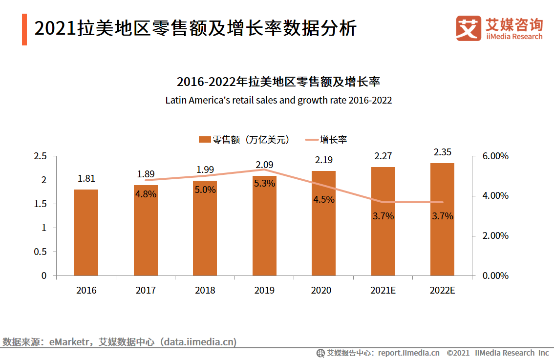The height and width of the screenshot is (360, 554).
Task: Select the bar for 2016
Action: click(86, 233)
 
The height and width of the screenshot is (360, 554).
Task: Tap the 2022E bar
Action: click(442, 219)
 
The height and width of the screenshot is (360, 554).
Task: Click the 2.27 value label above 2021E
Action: click(383, 156)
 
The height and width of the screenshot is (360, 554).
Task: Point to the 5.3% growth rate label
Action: click(264, 184)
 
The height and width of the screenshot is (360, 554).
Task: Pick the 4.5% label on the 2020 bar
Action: click(324, 199)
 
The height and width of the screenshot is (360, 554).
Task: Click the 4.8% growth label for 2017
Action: click(146, 194)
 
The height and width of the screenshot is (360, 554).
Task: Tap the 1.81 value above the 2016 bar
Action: click(86, 178)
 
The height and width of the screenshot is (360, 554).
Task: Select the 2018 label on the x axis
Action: click(205, 290)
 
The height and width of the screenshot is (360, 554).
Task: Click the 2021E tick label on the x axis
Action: click(383, 290)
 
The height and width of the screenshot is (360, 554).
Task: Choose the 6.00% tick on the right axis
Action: click(495, 156)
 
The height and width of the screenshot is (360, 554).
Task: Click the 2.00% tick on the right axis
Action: click(495, 236)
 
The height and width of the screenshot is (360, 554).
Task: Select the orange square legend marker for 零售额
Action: click(204, 140)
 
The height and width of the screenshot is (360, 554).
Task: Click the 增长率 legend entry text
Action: click(333, 140)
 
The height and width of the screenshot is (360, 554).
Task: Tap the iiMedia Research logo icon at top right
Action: click(468, 29)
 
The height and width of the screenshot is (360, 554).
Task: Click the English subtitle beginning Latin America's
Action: click(278, 101)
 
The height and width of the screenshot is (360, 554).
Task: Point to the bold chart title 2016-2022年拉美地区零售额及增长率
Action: click(278, 82)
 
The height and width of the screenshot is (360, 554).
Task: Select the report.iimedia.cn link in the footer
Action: click(408, 353)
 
